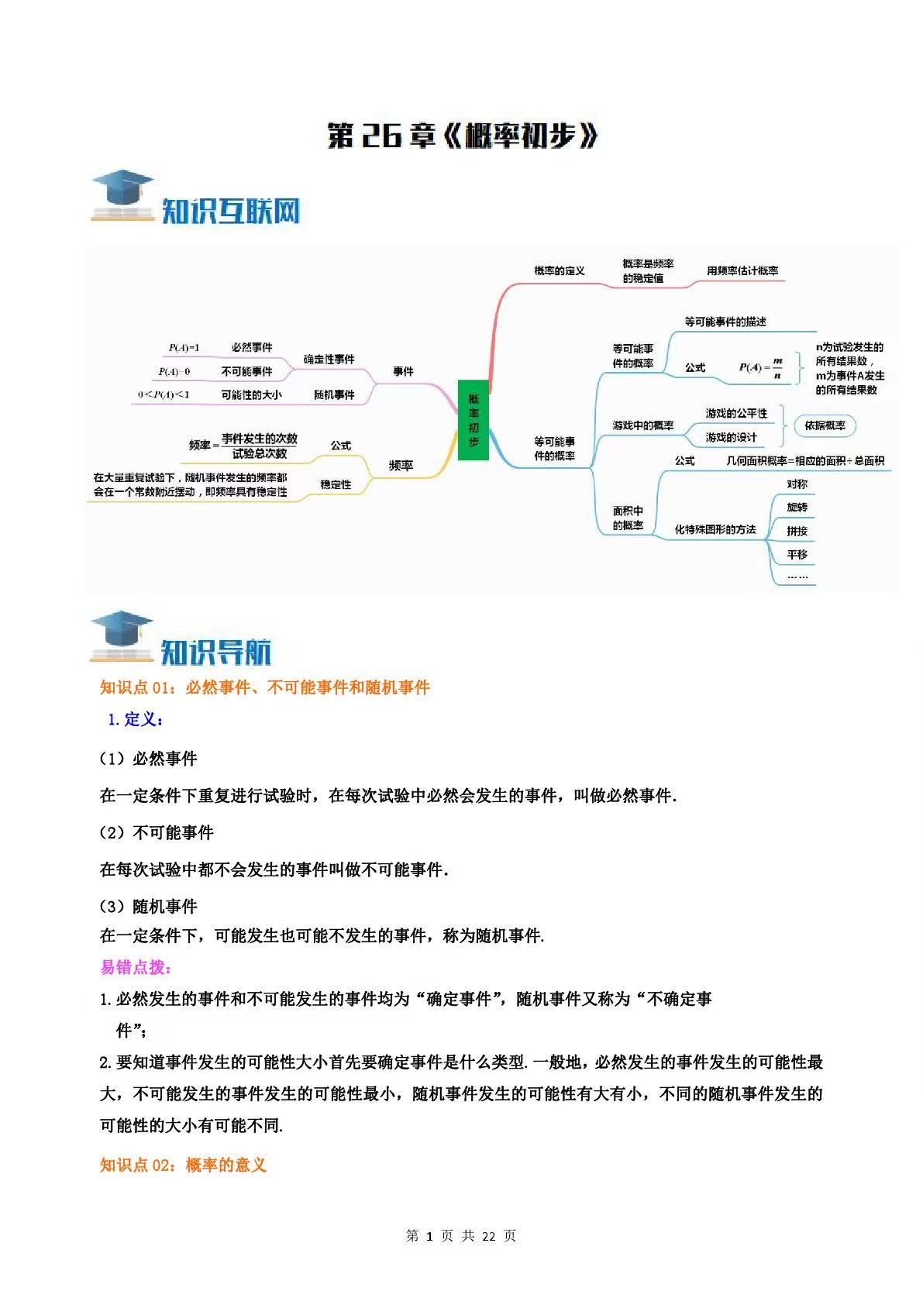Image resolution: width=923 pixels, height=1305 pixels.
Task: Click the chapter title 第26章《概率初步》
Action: pos(462,135)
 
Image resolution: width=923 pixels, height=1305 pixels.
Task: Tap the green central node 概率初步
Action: pos(474,419)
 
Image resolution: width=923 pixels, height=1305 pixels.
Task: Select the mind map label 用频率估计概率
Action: pos(742,271)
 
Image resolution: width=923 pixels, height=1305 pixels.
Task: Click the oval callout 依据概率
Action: pos(825,426)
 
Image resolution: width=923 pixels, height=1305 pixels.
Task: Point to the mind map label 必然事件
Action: pos(252,347)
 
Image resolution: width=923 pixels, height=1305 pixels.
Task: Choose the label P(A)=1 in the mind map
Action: pos(184,348)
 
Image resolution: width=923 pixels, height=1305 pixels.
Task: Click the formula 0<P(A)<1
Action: pos(164,395)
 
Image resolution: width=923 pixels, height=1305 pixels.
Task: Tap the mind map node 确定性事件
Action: pos(329,360)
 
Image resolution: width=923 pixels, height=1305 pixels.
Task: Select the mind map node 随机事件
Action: pos(334,395)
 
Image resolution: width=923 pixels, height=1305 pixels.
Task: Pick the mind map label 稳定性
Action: pos(336,484)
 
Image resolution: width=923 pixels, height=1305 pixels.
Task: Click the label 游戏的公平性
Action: pos(736,413)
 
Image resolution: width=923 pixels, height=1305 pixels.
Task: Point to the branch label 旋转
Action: pos(797,508)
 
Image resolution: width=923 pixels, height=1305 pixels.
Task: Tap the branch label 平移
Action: pos(797,555)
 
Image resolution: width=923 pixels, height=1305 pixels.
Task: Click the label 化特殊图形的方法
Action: pos(715,529)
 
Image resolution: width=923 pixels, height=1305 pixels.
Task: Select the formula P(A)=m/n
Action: pos(761,367)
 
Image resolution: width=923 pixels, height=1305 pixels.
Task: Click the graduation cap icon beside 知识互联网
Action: pos(123,196)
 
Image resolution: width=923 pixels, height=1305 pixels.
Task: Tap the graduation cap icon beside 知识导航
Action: pos(122,636)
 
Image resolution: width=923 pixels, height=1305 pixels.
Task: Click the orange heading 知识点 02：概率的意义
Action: pos(183,1166)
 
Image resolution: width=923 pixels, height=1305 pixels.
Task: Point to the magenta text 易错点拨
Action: pos(136,968)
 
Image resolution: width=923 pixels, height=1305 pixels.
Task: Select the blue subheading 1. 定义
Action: pos(136,719)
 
